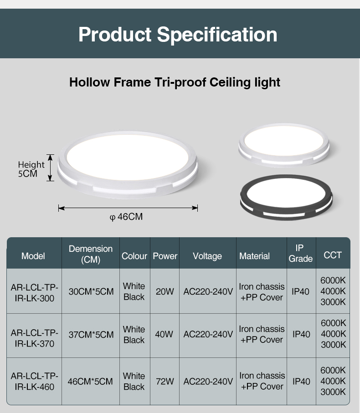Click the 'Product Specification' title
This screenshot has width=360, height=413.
coord(178,35)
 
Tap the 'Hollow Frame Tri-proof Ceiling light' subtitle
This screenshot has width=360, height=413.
coord(175,82)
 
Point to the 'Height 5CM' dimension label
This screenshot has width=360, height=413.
coord(31,169)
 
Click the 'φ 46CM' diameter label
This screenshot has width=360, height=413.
coord(126,217)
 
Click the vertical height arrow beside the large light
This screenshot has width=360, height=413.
coord(50,168)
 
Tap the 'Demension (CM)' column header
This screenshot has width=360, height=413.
coord(91,254)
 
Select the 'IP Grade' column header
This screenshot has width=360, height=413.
coord(300,253)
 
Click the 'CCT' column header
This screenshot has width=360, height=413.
coord(333,255)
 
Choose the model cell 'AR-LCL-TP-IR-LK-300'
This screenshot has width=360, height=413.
coord(34,293)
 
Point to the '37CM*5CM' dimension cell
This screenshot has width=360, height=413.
coord(91,335)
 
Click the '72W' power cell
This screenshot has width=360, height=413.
coord(165,382)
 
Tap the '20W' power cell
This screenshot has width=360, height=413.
coord(165,291)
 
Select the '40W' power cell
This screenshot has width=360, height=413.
coord(164,334)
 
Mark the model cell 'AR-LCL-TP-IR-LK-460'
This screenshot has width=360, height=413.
coord(34,381)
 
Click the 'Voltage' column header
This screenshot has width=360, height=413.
coord(207,256)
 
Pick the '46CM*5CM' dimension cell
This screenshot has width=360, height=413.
coord(90,382)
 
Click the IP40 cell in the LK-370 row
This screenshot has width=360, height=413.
coord(301,334)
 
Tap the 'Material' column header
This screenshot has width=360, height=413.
coord(254,256)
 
